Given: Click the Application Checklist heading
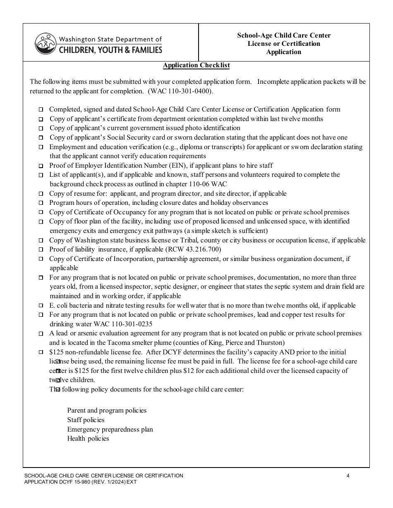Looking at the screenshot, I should [196, 65].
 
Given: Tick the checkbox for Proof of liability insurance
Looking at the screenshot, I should [41, 250].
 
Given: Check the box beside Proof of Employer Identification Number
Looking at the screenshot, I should [41, 166].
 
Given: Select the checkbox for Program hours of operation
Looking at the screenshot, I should [41, 203].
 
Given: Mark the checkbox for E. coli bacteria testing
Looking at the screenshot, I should [41, 306].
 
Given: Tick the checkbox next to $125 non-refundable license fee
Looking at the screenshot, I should [41, 353].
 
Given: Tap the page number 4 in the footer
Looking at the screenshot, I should [348, 476].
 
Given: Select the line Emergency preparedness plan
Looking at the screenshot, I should [110, 430].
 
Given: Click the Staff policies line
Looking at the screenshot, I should [86, 420].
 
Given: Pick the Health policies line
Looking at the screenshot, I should [88, 439].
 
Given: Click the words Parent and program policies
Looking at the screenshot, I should [107, 411].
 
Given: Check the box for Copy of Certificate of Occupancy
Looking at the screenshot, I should [41, 213].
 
